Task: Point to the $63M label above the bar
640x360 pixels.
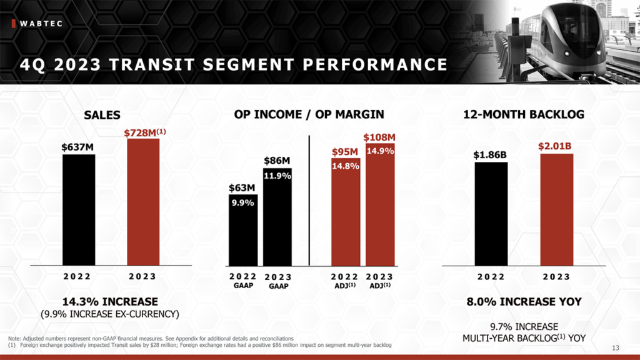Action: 241,187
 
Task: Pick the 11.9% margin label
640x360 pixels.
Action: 277,176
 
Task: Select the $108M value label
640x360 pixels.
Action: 380,137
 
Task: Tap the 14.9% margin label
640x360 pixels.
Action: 380,151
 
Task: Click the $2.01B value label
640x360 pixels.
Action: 556,146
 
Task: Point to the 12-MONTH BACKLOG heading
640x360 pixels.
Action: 524,114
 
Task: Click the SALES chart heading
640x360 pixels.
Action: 102,115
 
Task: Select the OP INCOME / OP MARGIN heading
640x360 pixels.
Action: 309,114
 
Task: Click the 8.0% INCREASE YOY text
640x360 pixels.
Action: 524,301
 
